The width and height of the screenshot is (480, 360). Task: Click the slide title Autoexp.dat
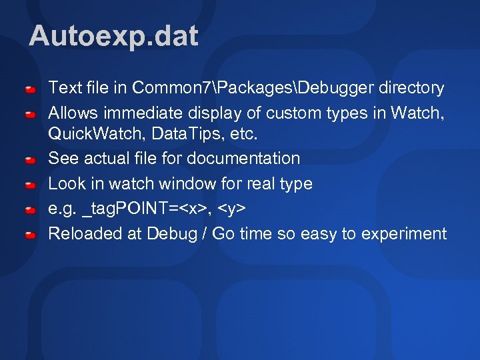tap(113, 36)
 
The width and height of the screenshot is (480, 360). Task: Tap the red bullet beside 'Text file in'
tap(31, 89)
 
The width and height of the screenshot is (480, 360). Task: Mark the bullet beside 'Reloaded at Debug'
tap(31, 235)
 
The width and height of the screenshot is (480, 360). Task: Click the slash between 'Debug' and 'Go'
tap(203, 233)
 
